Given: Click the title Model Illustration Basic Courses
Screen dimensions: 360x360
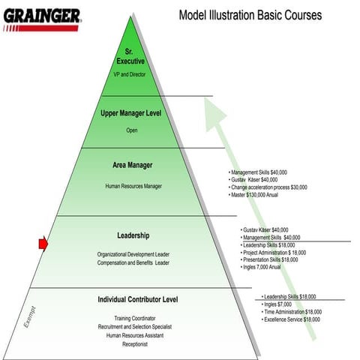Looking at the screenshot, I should [x=250, y=15].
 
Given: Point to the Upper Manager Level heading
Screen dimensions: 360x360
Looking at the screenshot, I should [x=132, y=113].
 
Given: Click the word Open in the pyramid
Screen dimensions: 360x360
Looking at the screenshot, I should [x=131, y=130].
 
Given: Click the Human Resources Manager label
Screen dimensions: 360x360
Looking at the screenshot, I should [x=133, y=186].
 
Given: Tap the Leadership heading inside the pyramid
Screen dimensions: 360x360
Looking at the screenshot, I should [x=133, y=235].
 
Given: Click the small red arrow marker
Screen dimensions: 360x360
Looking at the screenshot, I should [x=43, y=242].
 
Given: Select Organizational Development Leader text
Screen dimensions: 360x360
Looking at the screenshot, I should [x=133, y=254].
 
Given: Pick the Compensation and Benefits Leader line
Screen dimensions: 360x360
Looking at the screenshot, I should [x=133, y=263].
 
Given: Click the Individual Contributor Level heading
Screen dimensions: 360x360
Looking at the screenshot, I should [x=137, y=300].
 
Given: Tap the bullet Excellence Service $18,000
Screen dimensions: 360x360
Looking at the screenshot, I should [x=292, y=319].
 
